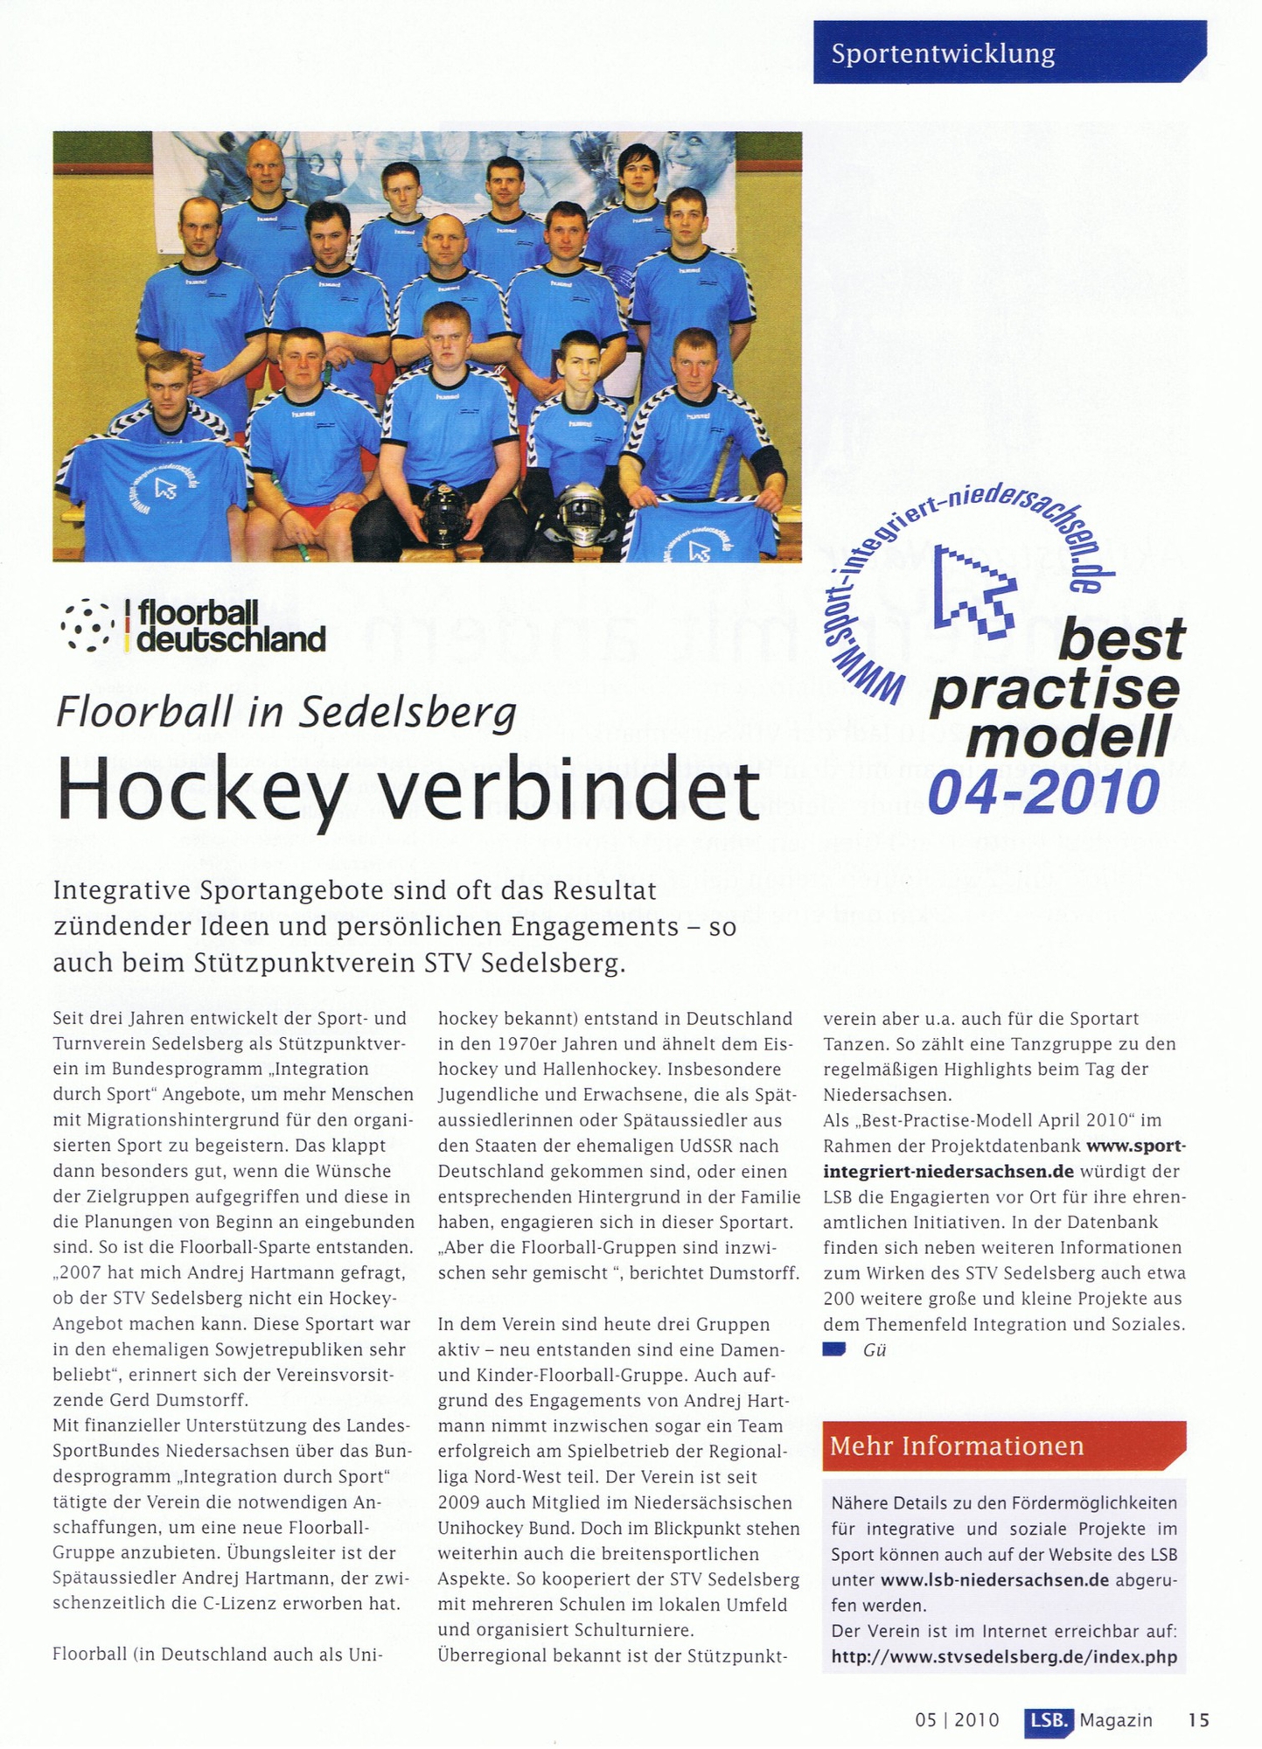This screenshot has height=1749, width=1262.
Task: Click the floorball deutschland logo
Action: point(194,626)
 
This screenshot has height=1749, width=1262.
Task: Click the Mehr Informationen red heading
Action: point(957,1446)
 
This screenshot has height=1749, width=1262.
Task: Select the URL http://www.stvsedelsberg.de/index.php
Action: point(1004,1656)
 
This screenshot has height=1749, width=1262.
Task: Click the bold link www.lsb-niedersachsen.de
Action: point(994,1579)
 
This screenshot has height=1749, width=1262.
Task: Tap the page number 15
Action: point(1198,1719)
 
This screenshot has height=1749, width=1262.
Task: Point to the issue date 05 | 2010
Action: point(957,1720)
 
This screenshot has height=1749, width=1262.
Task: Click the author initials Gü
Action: point(875,1350)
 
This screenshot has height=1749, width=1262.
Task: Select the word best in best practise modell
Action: point(1121,639)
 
